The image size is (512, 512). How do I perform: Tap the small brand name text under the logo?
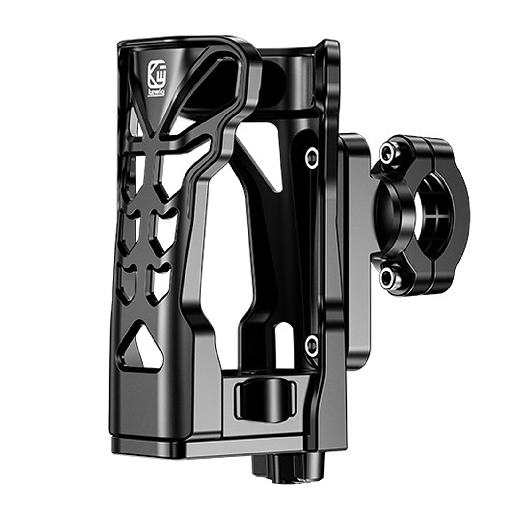(x=156, y=93)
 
